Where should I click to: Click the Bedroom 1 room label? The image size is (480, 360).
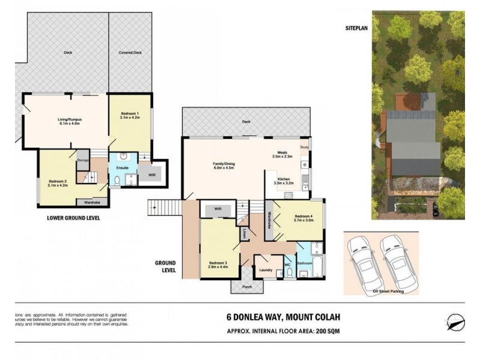click(129, 116)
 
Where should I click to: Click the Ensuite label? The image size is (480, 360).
click(122, 169)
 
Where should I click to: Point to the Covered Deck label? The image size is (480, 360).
click(129, 52)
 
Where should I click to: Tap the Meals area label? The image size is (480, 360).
click(282, 154)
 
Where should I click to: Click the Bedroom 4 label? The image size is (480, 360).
click(304, 218)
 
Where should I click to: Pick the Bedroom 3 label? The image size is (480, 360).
click(217, 265)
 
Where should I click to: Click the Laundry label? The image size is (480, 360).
click(266, 270)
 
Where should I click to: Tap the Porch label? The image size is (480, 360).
click(247, 286)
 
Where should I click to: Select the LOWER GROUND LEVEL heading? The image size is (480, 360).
click(73, 218)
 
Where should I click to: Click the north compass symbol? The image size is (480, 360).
click(455, 320)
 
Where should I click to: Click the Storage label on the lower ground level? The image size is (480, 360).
click(82, 160)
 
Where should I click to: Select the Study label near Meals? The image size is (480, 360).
click(304, 147)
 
